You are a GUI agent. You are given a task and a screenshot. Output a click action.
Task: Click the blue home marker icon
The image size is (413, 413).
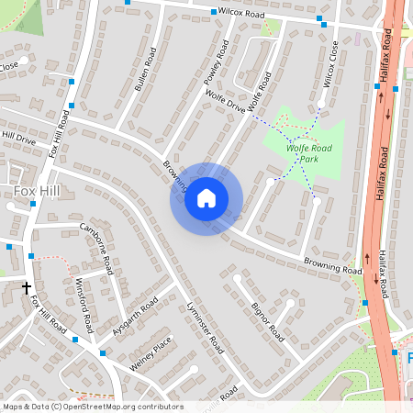pos(206,197)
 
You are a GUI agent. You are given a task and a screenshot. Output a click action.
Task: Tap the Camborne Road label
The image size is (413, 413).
pos(96,248)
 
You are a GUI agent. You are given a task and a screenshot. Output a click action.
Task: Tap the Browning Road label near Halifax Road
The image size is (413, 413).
pos(332,266)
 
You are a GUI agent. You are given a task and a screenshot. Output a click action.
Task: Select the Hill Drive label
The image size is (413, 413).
pos(18,138)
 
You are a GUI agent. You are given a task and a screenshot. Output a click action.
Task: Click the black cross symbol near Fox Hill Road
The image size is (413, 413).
pos(27,287)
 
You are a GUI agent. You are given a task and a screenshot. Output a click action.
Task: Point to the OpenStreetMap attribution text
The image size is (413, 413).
pos(92,407)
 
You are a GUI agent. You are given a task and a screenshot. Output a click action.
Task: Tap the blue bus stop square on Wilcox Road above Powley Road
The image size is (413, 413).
pos(214,12)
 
